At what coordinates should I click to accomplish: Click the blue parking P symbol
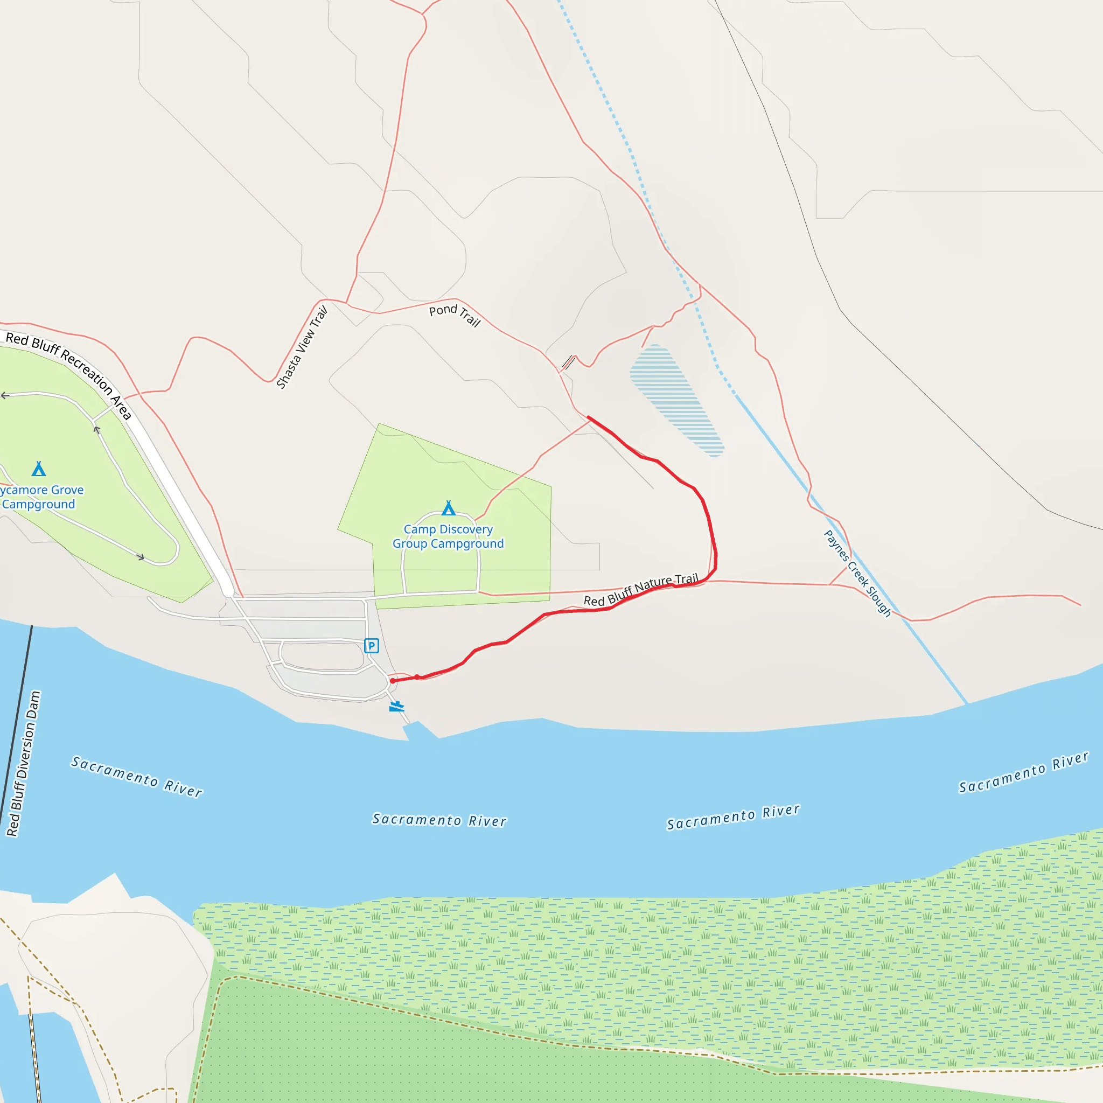pyautogui.click(x=372, y=646)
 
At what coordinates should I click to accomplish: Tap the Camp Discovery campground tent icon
pyautogui.click(x=449, y=508)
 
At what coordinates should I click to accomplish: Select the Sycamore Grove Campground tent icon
pyautogui.click(x=39, y=469)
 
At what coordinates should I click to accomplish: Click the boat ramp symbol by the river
pyautogui.click(x=397, y=707)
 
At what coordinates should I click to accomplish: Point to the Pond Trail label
pyautogui.click(x=455, y=315)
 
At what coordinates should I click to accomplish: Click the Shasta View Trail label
pyautogui.click(x=302, y=347)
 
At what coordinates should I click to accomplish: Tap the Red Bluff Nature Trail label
pyautogui.click(x=640, y=590)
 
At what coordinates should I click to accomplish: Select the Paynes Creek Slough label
pyautogui.click(x=857, y=573)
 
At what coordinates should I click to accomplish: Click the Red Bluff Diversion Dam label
pyautogui.click(x=24, y=764)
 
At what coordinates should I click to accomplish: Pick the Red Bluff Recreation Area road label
pyautogui.click(x=68, y=374)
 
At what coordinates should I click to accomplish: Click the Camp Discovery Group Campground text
pyautogui.click(x=448, y=536)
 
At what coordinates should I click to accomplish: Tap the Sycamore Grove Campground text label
pyautogui.click(x=41, y=497)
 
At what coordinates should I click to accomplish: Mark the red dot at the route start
pyautogui.click(x=393, y=681)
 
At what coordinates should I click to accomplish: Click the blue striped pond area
pyautogui.click(x=676, y=400)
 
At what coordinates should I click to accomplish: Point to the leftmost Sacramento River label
pyautogui.click(x=136, y=777)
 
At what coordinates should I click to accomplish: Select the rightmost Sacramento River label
pyautogui.click(x=1024, y=772)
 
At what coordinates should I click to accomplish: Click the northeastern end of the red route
pyautogui.click(x=588, y=418)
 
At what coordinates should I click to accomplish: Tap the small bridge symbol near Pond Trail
pyautogui.click(x=569, y=362)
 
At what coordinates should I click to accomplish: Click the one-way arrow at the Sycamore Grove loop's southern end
pyautogui.click(x=141, y=557)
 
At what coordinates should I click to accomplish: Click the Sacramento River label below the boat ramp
pyautogui.click(x=439, y=820)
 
